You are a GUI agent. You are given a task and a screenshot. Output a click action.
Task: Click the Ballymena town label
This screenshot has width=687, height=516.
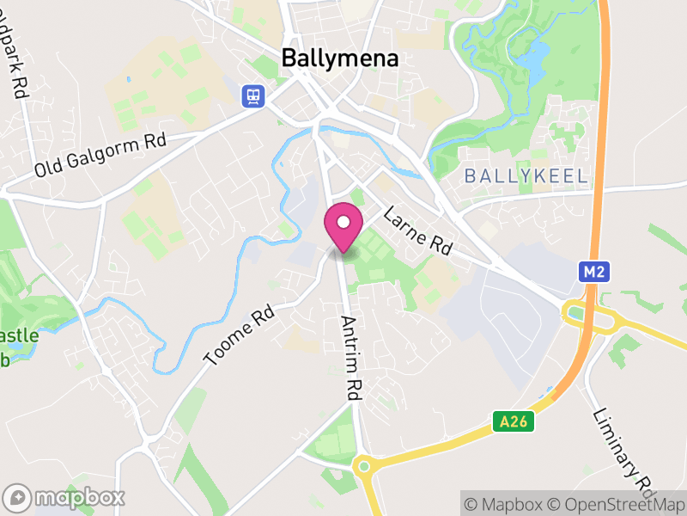pos(341,58)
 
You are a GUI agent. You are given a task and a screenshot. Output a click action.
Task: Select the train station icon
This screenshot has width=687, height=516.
pos(253,95)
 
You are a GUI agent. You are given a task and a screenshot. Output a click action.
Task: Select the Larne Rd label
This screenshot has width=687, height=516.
pos(417,230)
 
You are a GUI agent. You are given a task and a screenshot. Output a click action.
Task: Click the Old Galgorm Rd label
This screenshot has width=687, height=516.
pos(100,155)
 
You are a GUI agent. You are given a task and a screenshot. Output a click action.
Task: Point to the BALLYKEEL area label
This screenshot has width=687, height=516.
pos(526,176)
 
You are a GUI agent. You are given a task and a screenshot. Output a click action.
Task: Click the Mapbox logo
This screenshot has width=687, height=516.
pos(65,497)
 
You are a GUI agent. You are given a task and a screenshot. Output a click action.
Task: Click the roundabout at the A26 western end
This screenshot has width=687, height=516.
pos(364,467)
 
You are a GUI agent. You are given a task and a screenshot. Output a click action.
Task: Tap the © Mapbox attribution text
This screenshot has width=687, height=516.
pos(504,503)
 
